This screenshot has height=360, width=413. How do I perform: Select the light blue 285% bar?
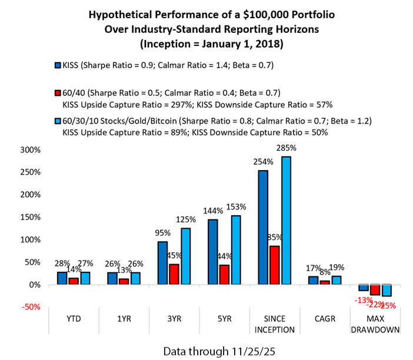point(286,221)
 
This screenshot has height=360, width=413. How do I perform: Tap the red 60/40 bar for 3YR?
point(174,274)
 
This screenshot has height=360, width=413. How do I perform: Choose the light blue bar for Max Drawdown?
point(387,290)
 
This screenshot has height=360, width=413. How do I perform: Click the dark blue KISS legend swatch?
point(56,65)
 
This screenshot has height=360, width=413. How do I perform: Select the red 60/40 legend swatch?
point(56,93)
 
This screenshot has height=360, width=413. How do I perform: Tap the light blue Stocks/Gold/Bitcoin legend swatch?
point(56,121)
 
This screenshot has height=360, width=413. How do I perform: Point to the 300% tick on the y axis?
point(30,149)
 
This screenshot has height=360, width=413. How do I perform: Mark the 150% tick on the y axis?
point(30,217)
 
